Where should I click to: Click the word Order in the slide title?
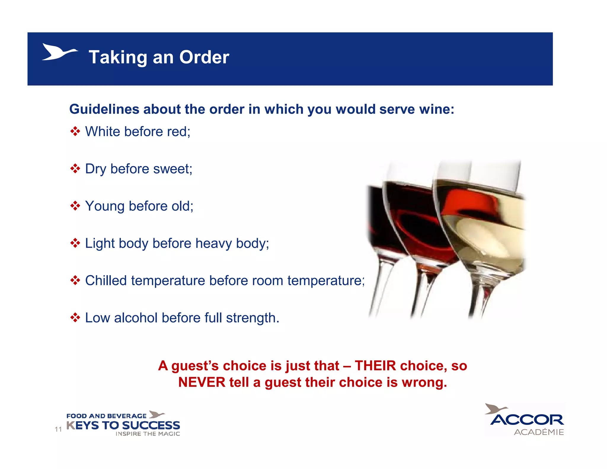[x=204, y=57]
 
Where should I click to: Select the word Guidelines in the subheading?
[x=104, y=109]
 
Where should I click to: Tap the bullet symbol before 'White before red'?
[x=75, y=131]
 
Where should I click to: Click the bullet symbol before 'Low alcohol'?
[x=75, y=318]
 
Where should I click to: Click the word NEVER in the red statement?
[x=202, y=382]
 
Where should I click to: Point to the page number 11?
[x=58, y=429]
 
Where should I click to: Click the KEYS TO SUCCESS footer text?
[x=123, y=425]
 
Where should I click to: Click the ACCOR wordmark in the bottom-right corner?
[x=527, y=420]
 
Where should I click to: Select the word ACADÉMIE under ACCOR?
[x=539, y=432]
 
